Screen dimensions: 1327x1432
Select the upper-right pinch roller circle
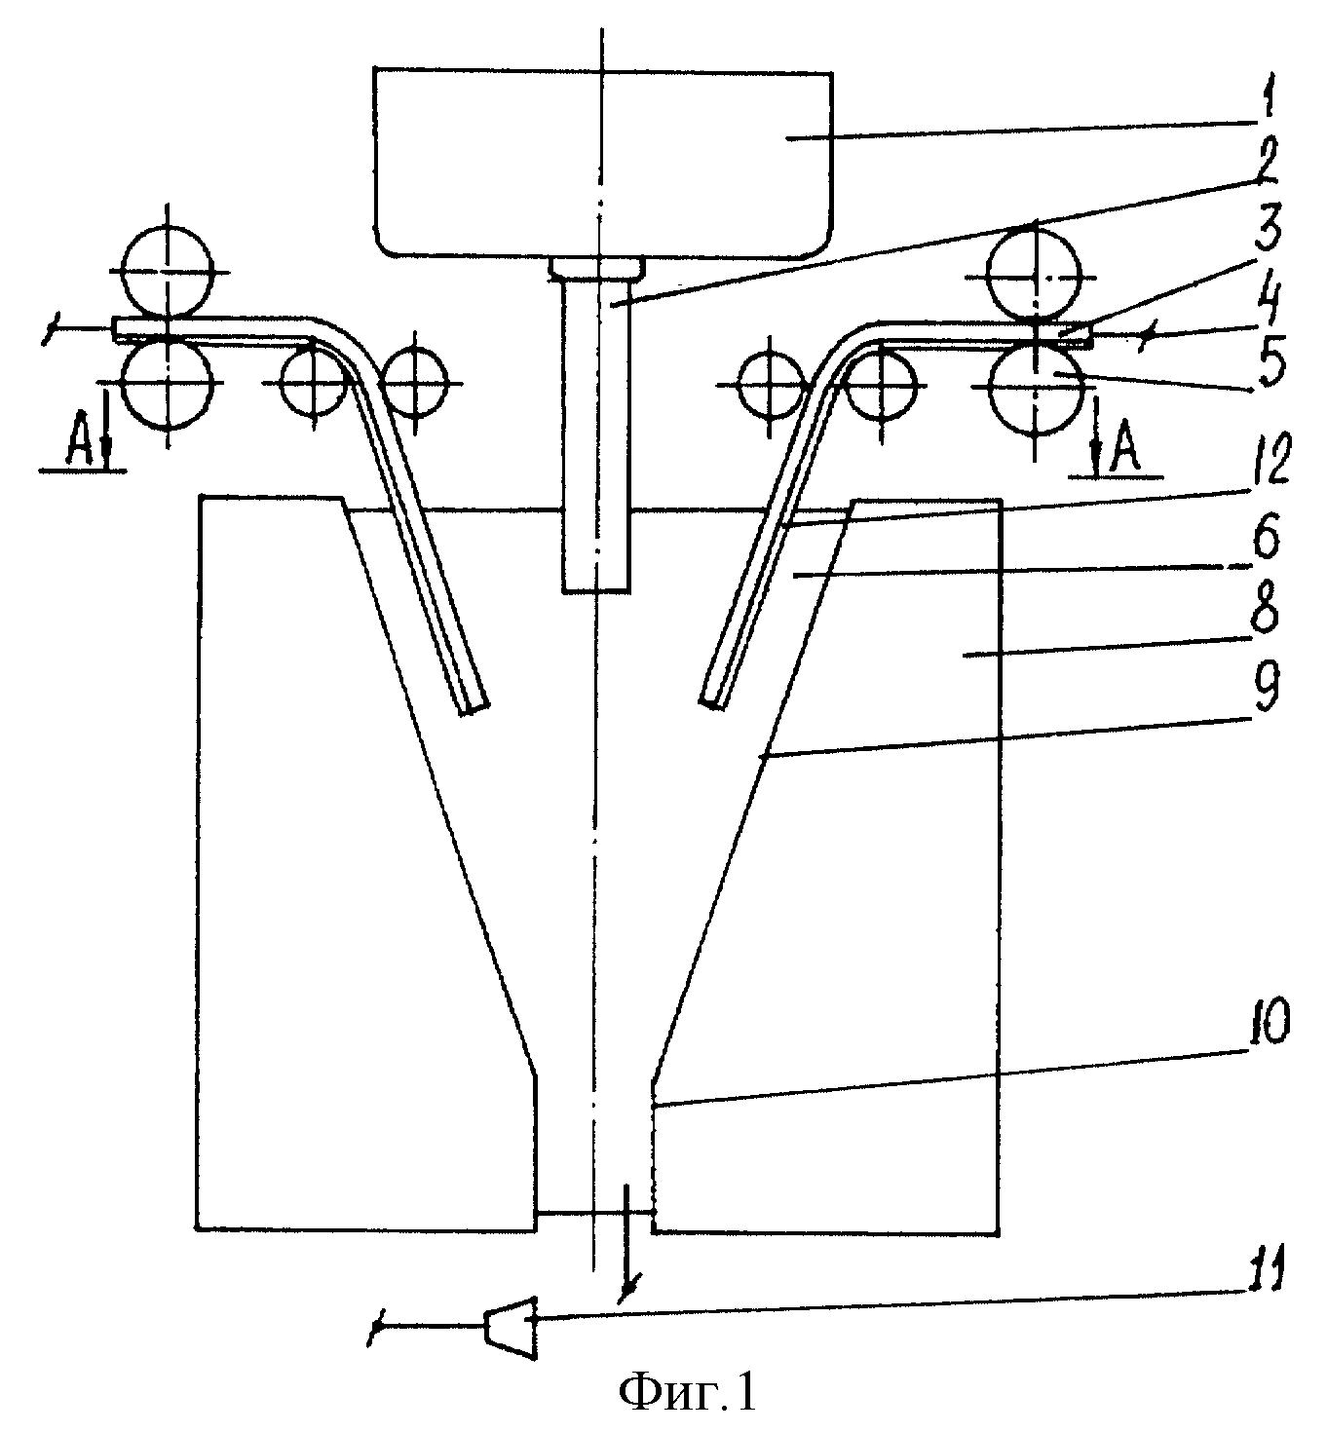point(1034,274)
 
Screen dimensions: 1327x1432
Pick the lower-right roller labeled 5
point(1037,390)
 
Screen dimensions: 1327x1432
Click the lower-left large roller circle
point(168,383)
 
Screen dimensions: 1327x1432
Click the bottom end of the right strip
point(711,703)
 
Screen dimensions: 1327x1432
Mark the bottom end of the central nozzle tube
point(598,592)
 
